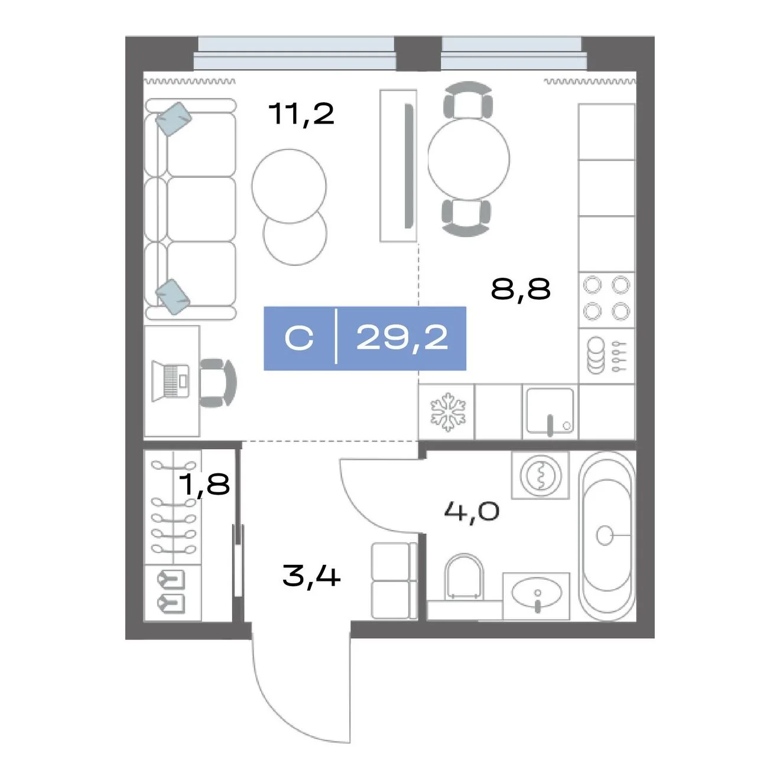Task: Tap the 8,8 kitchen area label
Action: point(521,289)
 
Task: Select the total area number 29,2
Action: point(402,339)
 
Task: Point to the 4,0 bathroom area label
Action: point(472,512)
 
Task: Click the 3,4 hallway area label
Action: point(311,576)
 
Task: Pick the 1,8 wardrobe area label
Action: point(204,484)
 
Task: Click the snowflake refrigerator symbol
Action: point(448,412)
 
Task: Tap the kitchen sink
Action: point(550,411)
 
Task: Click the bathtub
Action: point(606,535)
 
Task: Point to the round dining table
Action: point(469,158)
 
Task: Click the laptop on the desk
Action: point(170,381)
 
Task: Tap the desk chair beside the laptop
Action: point(218,382)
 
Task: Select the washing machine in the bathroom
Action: point(540,475)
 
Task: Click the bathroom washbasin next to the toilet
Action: point(537,596)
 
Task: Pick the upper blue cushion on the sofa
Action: point(173,119)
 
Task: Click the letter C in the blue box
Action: point(299,339)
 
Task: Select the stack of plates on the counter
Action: point(596,355)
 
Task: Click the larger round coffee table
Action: point(288,186)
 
